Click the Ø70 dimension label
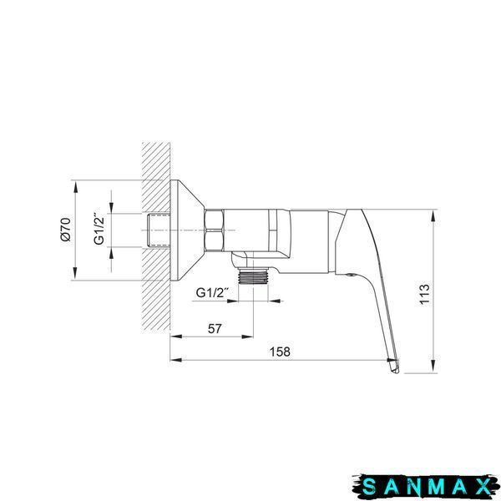click(66, 229)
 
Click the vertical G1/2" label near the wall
click(99, 228)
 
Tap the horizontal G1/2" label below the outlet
click(212, 292)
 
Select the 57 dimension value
click(215, 328)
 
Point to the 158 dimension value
click(280, 352)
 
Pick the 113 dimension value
click(424, 294)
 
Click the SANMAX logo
click(426, 487)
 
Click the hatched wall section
click(156, 237)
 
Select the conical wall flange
click(187, 230)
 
